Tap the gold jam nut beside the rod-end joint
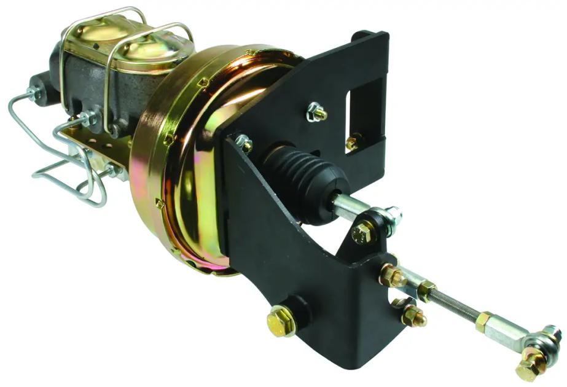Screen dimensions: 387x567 [x=484, y=321]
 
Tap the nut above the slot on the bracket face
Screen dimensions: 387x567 [x=317, y=112]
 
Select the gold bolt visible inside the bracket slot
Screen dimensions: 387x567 [x=354, y=143]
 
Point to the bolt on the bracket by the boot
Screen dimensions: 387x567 [x=243, y=143]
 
